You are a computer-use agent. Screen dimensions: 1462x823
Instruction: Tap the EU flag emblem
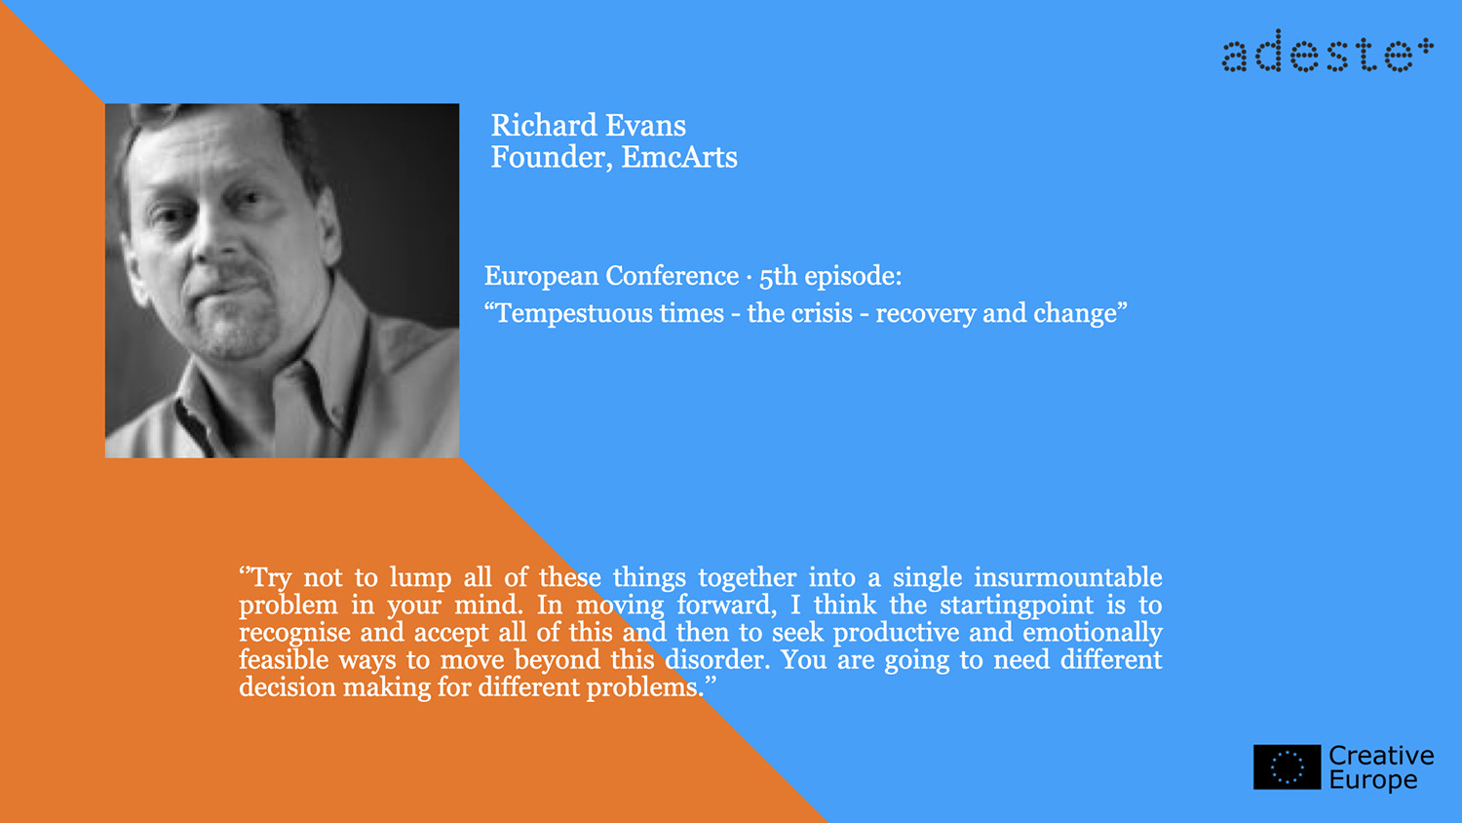pyautogui.click(x=1288, y=766)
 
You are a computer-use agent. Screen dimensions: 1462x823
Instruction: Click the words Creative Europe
pyautogui.click(x=1381, y=767)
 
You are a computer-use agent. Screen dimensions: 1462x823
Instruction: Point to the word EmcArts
pyautogui.click(x=679, y=157)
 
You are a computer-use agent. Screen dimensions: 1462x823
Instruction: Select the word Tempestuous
pyautogui.click(x=609, y=314)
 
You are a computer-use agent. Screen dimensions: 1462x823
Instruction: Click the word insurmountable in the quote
pyautogui.click(x=1068, y=577)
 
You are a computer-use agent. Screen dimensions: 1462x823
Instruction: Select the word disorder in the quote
pyautogui.click(x=717, y=660)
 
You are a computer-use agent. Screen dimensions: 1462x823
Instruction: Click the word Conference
pyautogui.click(x=672, y=276)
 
